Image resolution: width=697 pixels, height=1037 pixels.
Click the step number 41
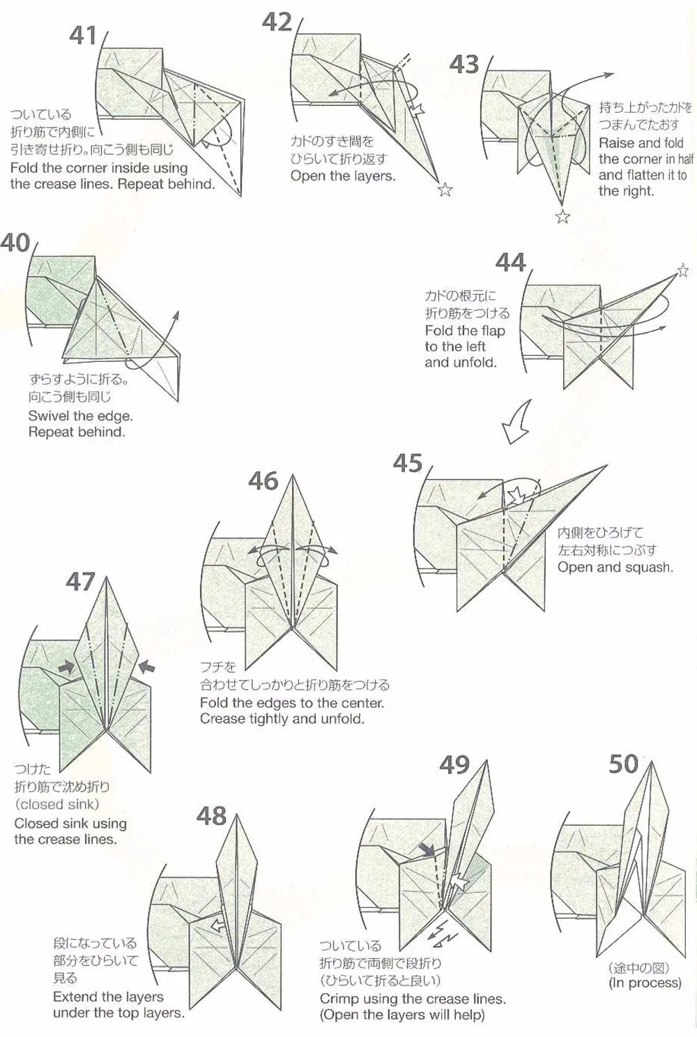point(83,36)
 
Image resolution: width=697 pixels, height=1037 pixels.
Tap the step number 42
point(277,22)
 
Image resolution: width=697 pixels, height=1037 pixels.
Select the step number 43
point(464,64)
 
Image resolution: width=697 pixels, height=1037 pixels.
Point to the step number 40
point(15,243)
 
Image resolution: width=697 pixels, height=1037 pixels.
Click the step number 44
point(510,263)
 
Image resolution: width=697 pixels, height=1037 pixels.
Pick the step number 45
point(408,463)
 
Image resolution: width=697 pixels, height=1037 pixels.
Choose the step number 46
point(263,480)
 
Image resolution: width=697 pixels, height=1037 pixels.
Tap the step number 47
point(80,582)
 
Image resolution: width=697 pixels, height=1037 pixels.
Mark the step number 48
point(211,815)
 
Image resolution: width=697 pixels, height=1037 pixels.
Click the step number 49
point(454,765)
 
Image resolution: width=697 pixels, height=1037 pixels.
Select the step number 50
point(623,764)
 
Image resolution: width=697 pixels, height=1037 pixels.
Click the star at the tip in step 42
point(444,190)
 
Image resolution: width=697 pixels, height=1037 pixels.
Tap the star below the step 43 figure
point(562,217)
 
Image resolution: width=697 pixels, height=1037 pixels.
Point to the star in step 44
point(682,269)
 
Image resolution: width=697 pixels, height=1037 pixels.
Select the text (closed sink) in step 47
point(56,804)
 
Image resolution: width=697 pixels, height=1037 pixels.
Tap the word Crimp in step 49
point(338,999)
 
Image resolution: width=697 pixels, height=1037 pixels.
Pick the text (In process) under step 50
point(645,983)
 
